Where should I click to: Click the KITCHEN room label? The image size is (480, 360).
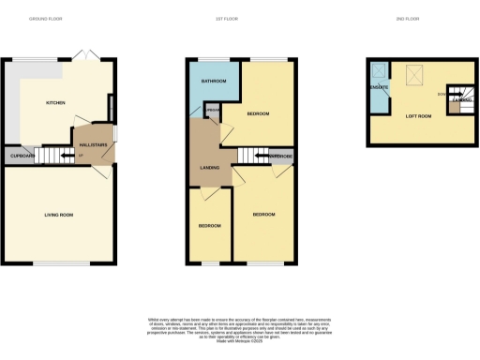coord(55,104)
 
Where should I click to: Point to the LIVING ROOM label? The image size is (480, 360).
coord(58,215)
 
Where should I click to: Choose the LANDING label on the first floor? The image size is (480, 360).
coord(210,168)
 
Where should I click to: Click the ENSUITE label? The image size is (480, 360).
coord(379,87)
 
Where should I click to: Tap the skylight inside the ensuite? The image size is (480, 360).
coord(379,70)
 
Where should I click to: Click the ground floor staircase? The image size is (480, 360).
coord(56,155)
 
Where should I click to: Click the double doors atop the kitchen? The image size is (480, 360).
coord(87,54)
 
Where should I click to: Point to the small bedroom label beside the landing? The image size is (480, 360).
coord(209,226)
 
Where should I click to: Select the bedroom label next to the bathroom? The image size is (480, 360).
coord(258,113)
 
